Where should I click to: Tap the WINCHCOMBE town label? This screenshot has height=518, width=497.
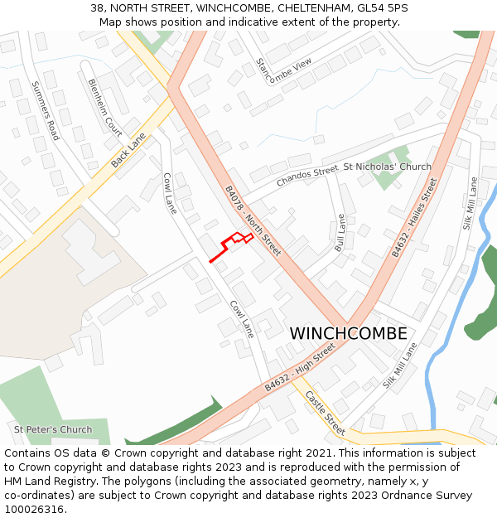(348, 334)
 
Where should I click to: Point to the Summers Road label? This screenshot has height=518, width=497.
(45, 110)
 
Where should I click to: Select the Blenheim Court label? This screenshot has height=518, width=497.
(104, 107)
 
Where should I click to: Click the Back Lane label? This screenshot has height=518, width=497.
(128, 150)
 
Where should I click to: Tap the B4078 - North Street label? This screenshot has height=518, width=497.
(253, 220)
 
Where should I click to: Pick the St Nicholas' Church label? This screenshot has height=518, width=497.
(387, 167)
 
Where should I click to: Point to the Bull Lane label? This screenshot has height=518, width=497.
(340, 233)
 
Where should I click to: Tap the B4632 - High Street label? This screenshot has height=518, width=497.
(300, 368)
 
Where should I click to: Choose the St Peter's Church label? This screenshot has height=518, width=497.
(53, 429)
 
